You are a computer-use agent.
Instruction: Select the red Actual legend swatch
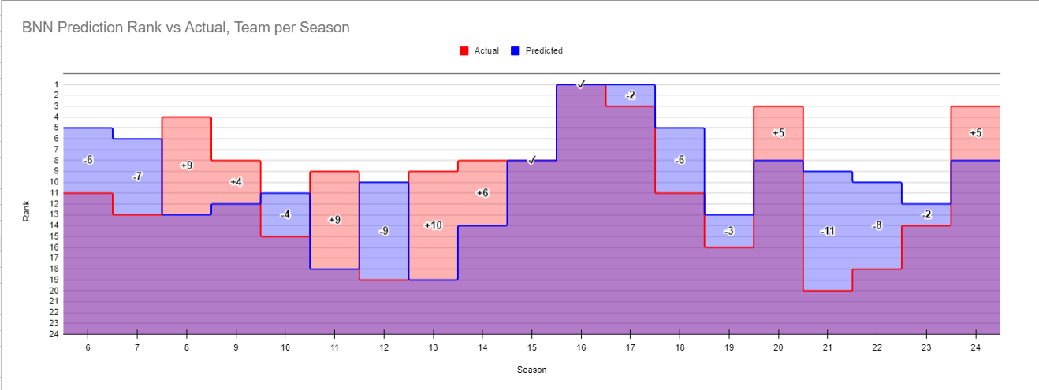click(464, 51)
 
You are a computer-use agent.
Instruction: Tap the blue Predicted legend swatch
click(516, 51)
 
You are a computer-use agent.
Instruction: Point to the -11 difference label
click(827, 231)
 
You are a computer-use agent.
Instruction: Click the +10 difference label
click(433, 225)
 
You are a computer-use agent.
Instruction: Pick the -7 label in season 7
click(137, 176)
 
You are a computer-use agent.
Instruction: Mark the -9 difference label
click(383, 231)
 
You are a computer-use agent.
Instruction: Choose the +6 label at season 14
click(482, 193)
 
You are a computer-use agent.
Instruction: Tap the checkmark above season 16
click(581, 84)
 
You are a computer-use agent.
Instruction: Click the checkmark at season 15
click(532, 160)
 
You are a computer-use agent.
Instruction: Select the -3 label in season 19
click(728, 231)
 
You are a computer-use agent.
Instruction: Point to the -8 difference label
click(877, 225)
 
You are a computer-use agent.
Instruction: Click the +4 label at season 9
click(236, 182)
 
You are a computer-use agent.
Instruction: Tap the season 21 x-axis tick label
click(827, 347)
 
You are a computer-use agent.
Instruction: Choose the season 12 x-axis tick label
click(383, 347)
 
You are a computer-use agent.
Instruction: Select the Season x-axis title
click(531, 370)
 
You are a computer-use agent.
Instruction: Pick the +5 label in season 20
click(778, 133)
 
